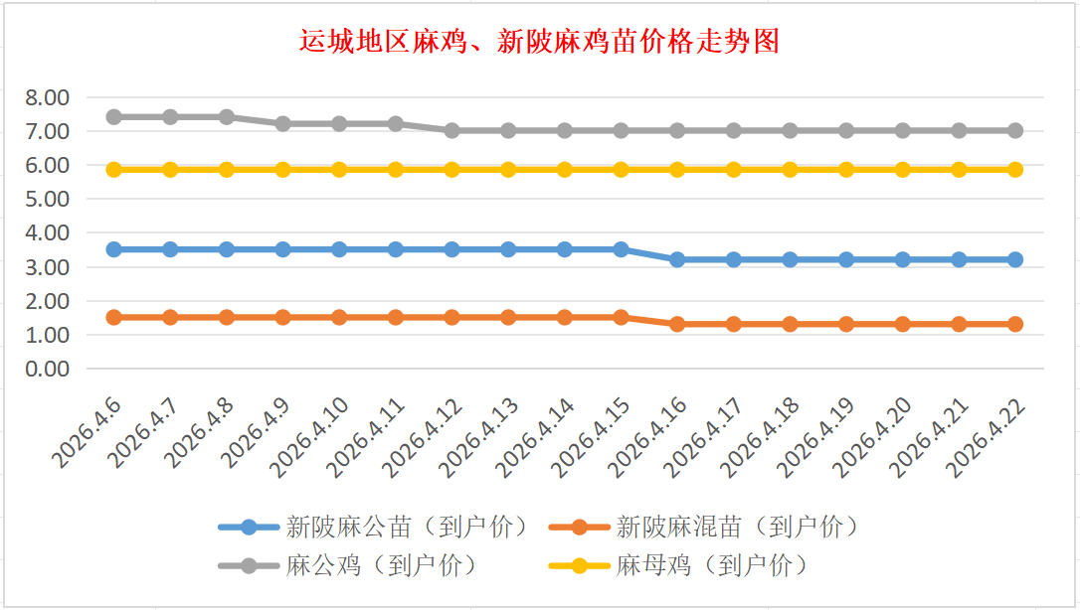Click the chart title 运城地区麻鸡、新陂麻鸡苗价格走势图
pyautogui.click(x=539, y=42)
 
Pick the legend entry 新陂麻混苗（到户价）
pyautogui.click(x=736, y=527)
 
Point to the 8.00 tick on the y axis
pyautogui.click(x=48, y=97)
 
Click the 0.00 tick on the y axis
pyautogui.click(x=48, y=369)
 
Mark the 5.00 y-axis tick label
pyautogui.click(x=48, y=199)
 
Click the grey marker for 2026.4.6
pyautogui.click(x=114, y=117)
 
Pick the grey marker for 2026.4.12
pyautogui.click(x=452, y=130)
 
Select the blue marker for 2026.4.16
pyautogui.click(x=677, y=259)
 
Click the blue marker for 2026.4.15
pyautogui.click(x=622, y=249)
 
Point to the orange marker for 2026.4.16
pyautogui.click(x=677, y=324)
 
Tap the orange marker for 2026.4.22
pyautogui.click(x=1015, y=324)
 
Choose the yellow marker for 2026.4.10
pyautogui.click(x=339, y=170)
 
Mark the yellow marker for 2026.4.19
pyautogui.click(x=846, y=170)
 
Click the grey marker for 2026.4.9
pyautogui.click(x=283, y=124)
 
